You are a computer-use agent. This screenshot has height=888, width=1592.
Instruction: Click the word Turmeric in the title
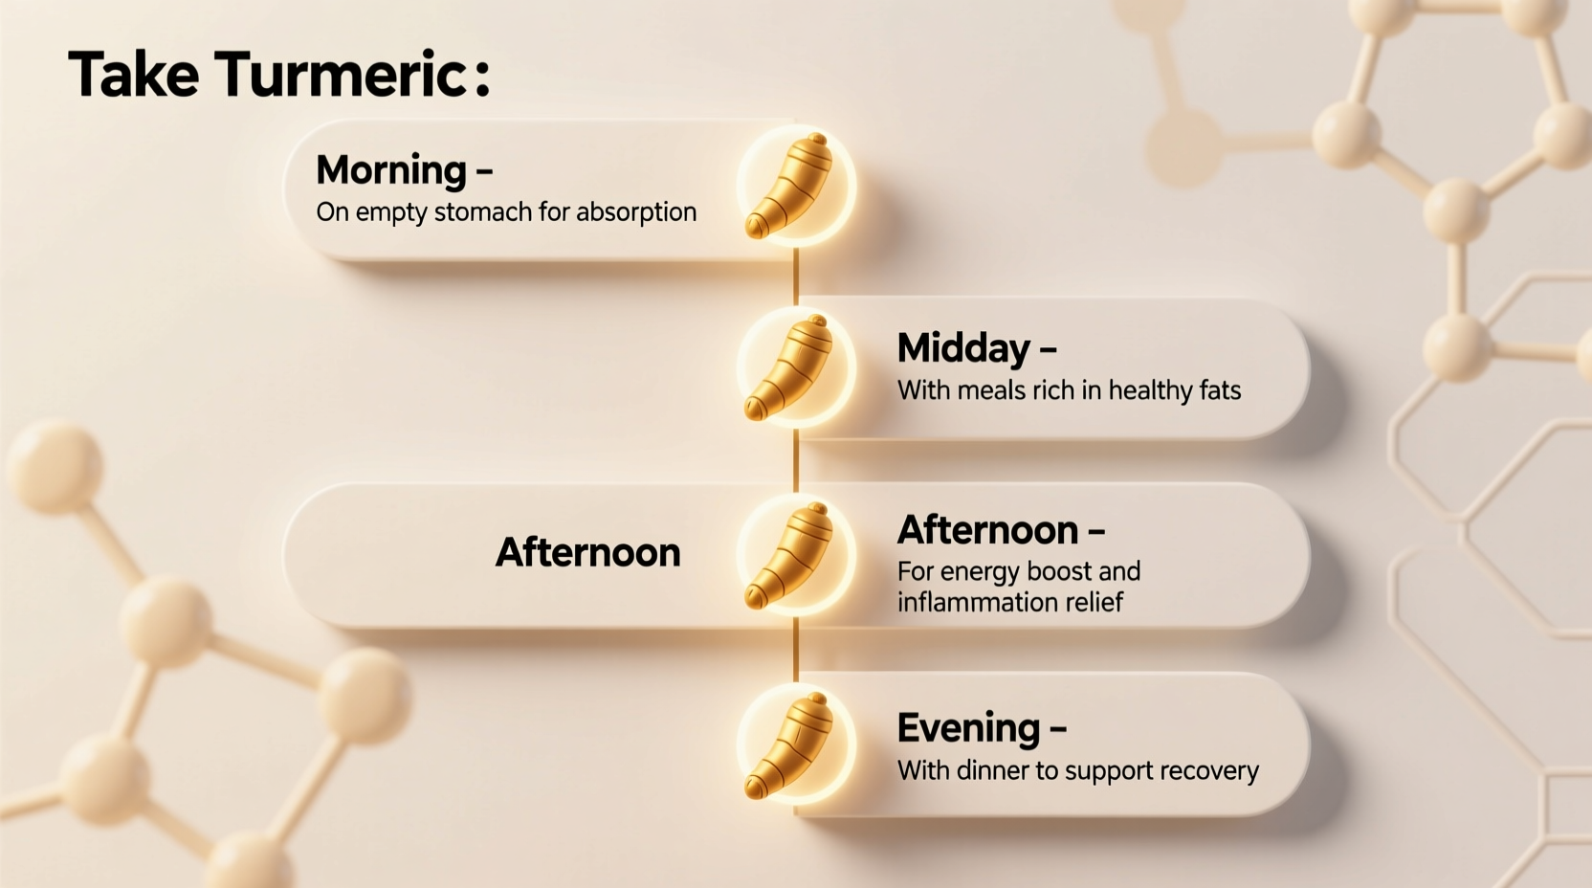pyautogui.click(x=340, y=75)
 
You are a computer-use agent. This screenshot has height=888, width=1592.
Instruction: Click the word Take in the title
pyautogui.click(x=133, y=75)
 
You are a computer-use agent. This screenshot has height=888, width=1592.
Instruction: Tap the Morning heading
pyautogui.click(x=391, y=169)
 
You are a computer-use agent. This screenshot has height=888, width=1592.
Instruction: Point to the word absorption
pyautogui.click(x=635, y=211)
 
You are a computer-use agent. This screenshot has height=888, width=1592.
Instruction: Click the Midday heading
pyautogui.click(x=963, y=348)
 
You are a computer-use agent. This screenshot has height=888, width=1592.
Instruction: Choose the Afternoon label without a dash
pyautogui.click(x=587, y=552)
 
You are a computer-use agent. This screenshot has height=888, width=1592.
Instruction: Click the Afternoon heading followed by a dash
pyautogui.click(x=987, y=529)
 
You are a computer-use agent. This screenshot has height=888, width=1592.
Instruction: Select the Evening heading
pyautogui.click(x=968, y=728)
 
